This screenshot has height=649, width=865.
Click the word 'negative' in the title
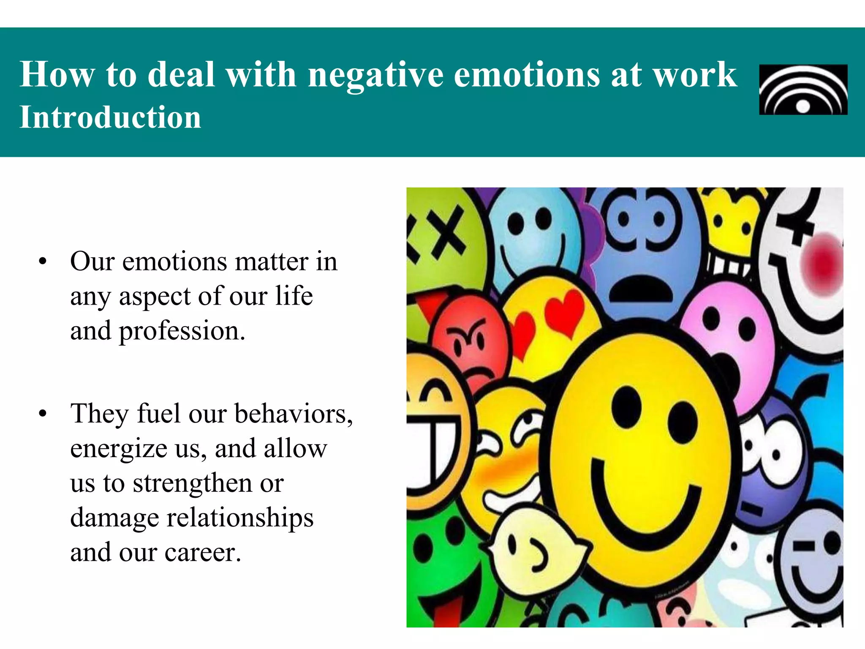(375, 75)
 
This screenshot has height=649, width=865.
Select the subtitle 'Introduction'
(110, 117)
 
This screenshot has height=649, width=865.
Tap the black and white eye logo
(803, 90)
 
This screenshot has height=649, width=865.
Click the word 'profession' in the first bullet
(179, 331)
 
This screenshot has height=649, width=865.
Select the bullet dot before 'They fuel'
(42, 414)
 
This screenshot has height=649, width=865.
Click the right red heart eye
(564, 313)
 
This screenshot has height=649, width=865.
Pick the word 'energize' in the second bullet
(119, 449)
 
